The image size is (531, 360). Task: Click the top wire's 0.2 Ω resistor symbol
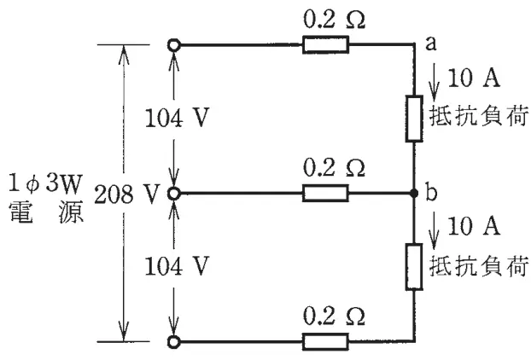point(325,44)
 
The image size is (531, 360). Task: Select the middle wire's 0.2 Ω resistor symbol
point(325,193)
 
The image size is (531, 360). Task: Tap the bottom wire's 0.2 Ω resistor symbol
point(325,342)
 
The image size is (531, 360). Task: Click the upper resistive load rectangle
point(414,119)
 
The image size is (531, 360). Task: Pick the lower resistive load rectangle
point(414,267)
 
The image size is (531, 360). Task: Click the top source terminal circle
point(173,44)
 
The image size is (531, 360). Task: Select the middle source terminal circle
point(173,193)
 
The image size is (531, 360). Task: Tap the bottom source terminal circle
point(173,342)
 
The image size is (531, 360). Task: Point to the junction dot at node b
point(414,193)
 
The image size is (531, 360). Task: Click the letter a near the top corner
point(431,44)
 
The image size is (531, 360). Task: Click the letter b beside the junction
point(431,192)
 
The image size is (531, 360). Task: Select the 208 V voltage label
point(126,195)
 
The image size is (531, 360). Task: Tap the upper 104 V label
point(177,118)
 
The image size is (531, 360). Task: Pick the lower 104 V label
point(177,266)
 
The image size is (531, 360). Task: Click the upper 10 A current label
point(474,78)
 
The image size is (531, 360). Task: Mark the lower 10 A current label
point(474,226)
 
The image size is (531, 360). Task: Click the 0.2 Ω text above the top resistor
point(335,20)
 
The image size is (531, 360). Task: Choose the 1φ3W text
point(46,183)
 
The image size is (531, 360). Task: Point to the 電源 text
point(46,212)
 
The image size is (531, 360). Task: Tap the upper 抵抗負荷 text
point(479,116)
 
